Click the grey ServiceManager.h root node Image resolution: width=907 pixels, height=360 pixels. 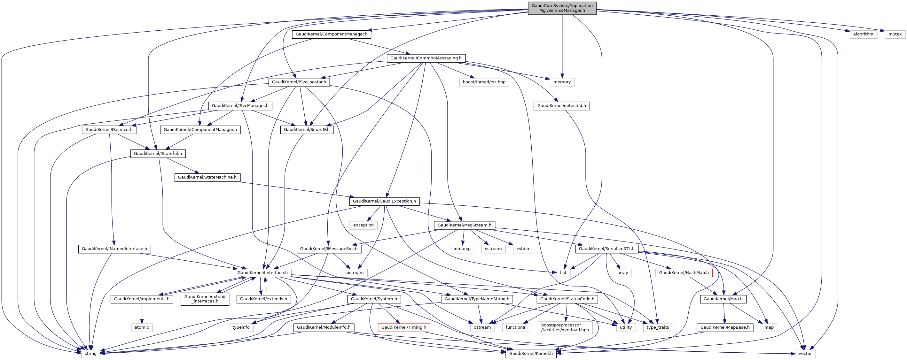coord(562,8)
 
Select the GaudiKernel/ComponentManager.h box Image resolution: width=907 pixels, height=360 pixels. coord(331,34)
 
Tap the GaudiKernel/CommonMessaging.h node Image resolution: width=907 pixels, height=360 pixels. coord(426,58)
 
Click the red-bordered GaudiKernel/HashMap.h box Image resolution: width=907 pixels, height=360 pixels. coord(684,273)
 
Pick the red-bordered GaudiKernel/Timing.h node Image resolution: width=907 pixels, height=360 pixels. coord(403,327)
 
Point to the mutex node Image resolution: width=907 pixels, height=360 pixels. coord(895,34)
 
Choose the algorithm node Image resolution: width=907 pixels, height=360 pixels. coord(863,34)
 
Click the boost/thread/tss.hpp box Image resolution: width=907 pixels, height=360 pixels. coord(484,82)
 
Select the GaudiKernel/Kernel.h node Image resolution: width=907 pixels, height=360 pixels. coord(531,353)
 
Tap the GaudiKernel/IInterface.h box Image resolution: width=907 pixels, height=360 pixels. coord(262,273)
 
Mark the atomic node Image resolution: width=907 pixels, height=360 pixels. coord(142,327)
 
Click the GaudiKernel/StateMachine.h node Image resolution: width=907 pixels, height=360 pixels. coord(207,177)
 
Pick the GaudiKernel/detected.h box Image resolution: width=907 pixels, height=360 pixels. coord(562,105)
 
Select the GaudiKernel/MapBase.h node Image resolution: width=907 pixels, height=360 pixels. coord(725,327)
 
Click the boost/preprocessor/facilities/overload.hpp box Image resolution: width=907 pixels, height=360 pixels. coord(565,328)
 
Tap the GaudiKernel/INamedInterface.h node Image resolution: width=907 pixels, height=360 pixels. coord(114,249)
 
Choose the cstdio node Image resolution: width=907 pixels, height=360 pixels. coord(522,249)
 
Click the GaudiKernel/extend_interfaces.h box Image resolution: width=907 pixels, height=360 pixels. coord(205,299)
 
